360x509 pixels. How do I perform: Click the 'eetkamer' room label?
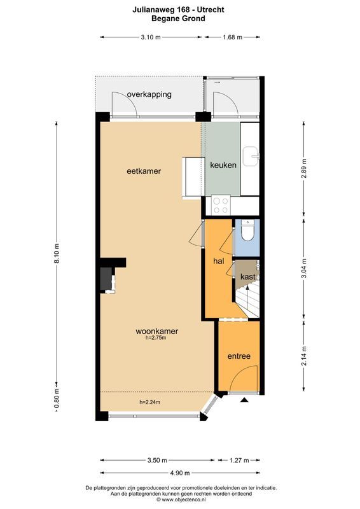(143, 171)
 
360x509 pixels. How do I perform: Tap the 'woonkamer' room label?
(156, 331)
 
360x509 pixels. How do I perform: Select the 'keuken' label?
(223, 165)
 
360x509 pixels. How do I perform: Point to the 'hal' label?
(218, 261)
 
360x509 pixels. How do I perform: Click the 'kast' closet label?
(247, 277)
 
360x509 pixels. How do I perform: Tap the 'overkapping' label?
(149, 94)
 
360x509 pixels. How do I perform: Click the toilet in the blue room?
(247, 228)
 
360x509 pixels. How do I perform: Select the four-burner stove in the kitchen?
(221, 205)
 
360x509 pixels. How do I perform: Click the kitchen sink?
(253, 155)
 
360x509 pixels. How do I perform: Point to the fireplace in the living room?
(105, 279)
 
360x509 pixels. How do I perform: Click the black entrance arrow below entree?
(244, 400)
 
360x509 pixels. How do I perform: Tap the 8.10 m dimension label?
(57, 254)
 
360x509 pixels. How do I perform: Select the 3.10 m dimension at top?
(151, 37)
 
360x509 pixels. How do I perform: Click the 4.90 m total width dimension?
(180, 472)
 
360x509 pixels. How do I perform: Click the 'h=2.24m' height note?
(150, 402)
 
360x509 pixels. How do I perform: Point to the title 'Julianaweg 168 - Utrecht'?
(179, 10)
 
